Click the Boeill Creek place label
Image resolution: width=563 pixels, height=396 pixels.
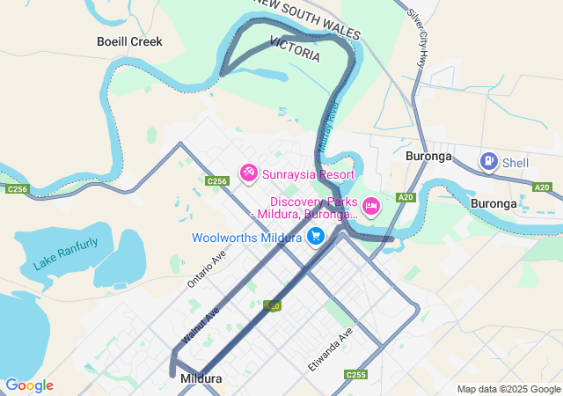click(129, 41)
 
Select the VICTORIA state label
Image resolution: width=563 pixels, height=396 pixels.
click(295, 48)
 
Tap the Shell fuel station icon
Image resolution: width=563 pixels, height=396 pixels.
click(488, 161)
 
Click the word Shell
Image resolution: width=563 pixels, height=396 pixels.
click(515, 162)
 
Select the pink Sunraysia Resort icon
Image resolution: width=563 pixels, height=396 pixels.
click(249, 173)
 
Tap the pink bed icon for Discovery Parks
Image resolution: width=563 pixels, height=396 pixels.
click(371, 206)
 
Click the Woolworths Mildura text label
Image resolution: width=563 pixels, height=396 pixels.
click(247, 237)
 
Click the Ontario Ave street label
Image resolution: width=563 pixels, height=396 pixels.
click(207, 269)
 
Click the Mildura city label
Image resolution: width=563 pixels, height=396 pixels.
click(201, 378)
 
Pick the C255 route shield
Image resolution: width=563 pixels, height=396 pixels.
click(355, 375)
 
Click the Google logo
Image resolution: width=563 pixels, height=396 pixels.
click(29, 385)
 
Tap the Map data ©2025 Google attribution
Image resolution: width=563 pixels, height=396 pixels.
click(508, 389)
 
